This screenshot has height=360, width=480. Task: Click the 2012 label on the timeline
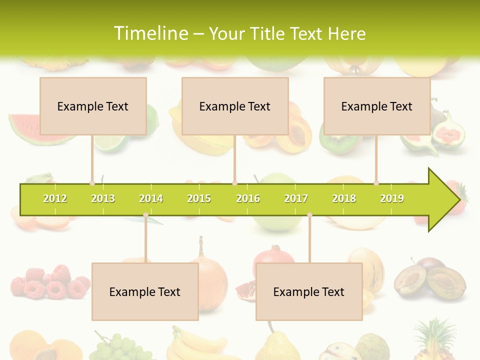(x=55, y=198)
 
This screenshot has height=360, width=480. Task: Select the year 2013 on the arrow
(x=103, y=198)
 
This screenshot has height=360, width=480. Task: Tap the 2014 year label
(x=151, y=198)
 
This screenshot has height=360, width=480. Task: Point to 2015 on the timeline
(x=199, y=198)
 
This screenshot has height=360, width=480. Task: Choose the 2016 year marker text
(x=248, y=198)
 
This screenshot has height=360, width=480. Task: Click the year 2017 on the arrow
(x=296, y=198)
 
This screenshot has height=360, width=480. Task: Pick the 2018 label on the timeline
(x=344, y=198)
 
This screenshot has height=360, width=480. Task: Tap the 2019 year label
(x=392, y=198)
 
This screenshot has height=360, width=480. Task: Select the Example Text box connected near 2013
(x=93, y=106)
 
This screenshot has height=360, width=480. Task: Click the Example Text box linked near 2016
(x=235, y=106)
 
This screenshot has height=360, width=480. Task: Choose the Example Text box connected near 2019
(x=377, y=106)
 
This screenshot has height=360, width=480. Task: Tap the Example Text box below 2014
(x=145, y=291)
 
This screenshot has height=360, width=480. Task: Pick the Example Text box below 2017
(x=309, y=291)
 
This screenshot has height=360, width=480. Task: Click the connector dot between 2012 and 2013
(x=92, y=183)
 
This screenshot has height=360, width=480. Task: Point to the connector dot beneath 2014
(x=145, y=215)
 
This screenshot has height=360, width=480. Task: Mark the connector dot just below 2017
(x=309, y=215)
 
